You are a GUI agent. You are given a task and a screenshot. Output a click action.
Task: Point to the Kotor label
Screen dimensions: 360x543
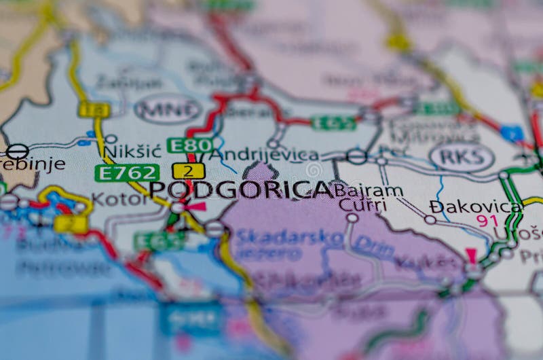(x=119, y=198)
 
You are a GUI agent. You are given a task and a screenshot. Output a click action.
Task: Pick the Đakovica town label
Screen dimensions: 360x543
(x=476, y=205)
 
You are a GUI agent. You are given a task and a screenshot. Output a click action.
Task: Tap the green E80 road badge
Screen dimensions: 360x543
(x=190, y=145)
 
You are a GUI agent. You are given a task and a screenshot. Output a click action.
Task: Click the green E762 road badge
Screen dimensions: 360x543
(x=127, y=173)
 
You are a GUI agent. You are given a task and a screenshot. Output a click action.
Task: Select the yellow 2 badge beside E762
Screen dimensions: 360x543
(x=189, y=170)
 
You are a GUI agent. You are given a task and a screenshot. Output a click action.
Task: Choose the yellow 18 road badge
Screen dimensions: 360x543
(x=94, y=109)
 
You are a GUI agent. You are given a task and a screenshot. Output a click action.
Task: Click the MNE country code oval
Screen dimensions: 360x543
(x=168, y=109)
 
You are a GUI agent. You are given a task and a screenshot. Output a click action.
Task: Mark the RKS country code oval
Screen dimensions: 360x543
(x=462, y=157)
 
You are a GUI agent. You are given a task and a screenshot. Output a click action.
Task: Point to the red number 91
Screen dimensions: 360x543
(x=487, y=220)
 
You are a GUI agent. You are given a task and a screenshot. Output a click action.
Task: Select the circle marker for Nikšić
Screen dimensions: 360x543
(x=111, y=139)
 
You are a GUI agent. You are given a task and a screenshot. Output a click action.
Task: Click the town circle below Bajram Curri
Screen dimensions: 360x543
(x=352, y=218)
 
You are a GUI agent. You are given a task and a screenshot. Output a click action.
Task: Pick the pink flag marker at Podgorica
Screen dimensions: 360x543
(x=198, y=206)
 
